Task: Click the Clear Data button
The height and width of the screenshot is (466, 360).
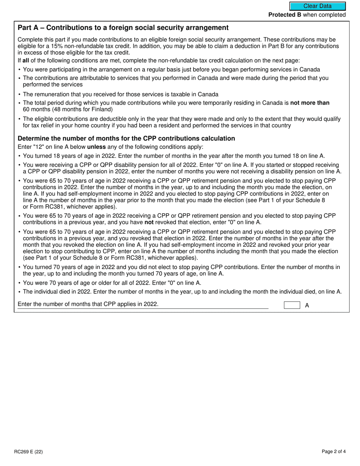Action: coord(318,6)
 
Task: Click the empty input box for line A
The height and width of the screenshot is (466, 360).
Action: coord(292,305)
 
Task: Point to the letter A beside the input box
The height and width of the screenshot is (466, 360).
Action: coord(307,305)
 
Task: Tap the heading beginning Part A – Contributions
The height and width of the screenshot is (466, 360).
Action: coord(123,28)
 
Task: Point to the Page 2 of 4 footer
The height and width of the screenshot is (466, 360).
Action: coord(333,451)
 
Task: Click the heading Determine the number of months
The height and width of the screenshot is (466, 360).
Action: coord(126,139)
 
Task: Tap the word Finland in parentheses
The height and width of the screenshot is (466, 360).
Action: coord(101,109)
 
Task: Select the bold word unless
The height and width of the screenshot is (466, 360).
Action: coord(97,147)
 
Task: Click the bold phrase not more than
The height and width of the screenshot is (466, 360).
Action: coord(310,103)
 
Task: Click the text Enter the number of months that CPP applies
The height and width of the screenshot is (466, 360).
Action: coord(88,304)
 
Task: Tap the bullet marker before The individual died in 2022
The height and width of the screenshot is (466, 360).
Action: coord(20,292)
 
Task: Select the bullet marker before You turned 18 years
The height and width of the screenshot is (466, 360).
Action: coord(20,156)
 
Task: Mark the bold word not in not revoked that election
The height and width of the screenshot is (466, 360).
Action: coord(149,222)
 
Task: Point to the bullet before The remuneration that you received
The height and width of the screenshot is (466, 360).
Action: coord(20,94)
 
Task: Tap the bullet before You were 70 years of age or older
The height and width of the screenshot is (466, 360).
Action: coord(20,283)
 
